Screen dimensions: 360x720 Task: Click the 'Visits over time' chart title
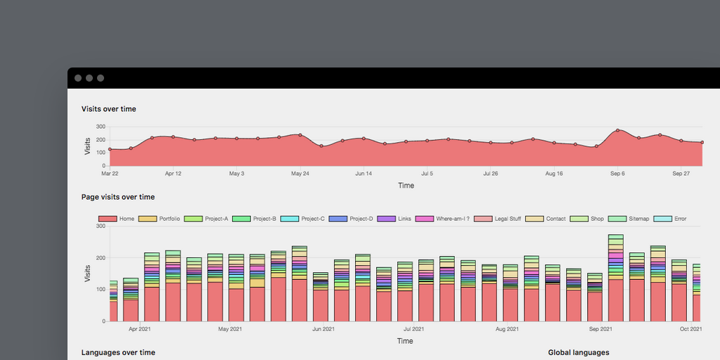coord(109,109)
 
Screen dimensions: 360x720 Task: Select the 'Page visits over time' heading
coord(118,197)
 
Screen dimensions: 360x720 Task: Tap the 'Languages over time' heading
coord(118,352)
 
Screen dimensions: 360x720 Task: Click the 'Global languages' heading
coord(579,352)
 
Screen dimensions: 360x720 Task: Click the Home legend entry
coord(117,219)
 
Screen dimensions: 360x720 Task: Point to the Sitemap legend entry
coord(629,219)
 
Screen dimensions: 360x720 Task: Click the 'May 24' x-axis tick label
coord(300,173)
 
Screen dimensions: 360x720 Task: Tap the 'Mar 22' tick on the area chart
coord(110,173)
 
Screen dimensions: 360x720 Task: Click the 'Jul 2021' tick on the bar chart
coord(413,328)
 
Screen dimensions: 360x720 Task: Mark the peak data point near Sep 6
coord(617,130)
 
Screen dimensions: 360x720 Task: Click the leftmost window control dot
coord(78,78)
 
